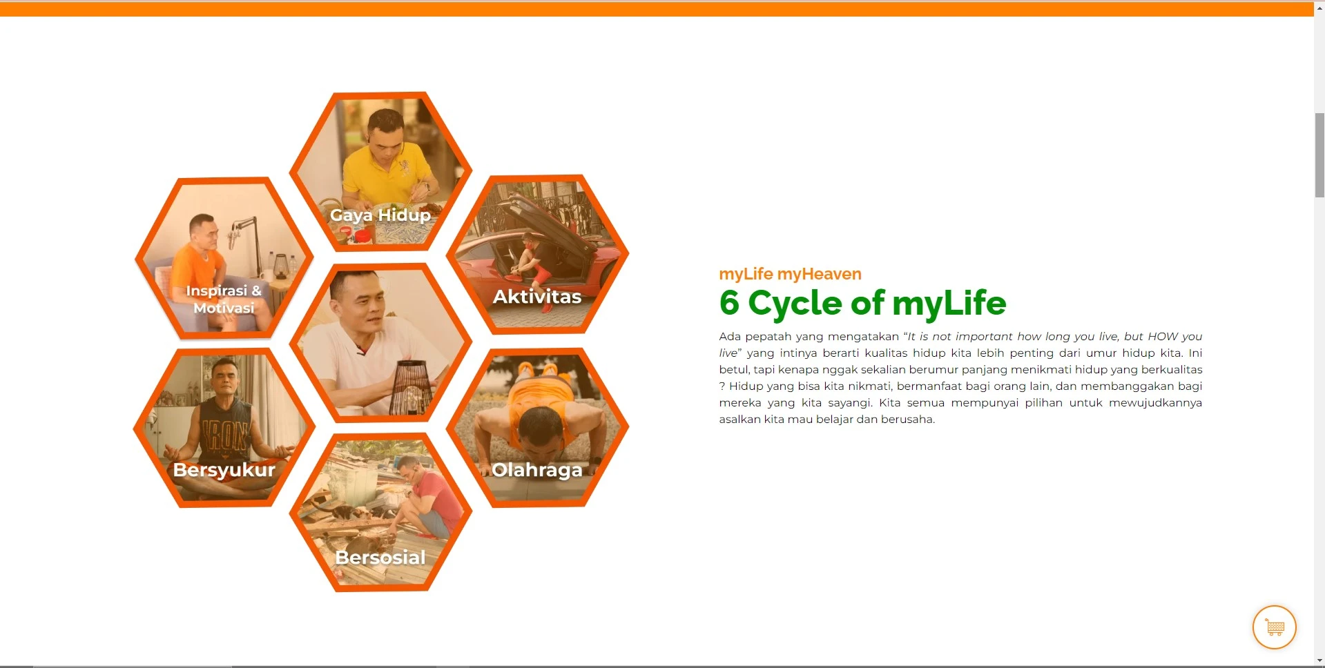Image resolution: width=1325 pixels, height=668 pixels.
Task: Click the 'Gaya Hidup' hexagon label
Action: (380, 215)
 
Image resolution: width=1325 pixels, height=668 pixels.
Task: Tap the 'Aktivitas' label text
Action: (537, 297)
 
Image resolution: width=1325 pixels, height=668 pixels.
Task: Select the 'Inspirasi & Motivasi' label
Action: (224, 299)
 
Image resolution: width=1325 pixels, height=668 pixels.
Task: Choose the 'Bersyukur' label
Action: (224, 470)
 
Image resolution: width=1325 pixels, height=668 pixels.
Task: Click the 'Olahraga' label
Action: (537, 470)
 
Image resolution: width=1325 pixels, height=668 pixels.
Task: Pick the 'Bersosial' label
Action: (380, 558)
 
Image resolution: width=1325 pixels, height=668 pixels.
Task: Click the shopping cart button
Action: (1274, 627)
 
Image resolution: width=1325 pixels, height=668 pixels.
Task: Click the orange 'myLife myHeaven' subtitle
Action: (790, 274)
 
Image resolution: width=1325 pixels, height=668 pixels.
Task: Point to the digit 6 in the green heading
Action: (729, 303)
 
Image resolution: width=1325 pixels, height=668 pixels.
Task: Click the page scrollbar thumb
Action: (1319, 155)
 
